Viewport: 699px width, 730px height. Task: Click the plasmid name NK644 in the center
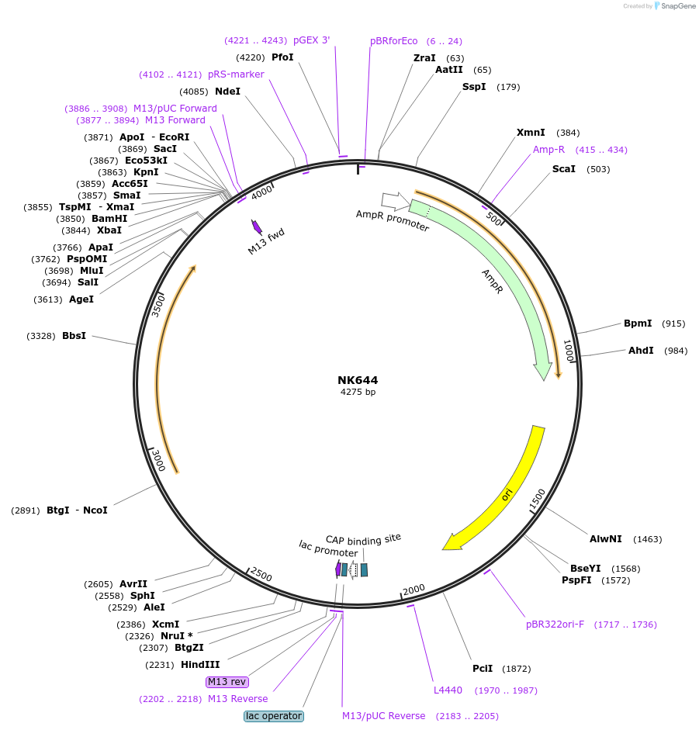coord(358,380)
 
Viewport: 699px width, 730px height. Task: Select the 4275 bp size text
coord(358,392)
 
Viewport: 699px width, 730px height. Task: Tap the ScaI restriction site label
coord(564,169)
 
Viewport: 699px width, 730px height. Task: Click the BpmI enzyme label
coord(638,323)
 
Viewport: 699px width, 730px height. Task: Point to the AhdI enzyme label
coord(641,351)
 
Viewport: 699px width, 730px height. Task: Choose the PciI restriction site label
coord(483,669)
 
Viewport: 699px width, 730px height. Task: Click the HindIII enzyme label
coord(200,665)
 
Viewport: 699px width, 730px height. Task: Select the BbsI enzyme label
coord(74,336)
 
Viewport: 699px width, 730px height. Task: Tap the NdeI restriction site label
coord(227,92)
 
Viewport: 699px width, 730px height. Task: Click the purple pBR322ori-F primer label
coord(555,624)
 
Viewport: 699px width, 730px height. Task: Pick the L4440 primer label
coord(448,690)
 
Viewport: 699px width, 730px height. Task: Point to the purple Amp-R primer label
coord(548,150)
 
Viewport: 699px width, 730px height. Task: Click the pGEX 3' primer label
coord(311,40)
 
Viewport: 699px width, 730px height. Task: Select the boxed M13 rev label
coord(227,682)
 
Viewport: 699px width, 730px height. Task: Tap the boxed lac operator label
coord(274,716)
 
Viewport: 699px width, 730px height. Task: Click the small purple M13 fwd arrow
coord(256,227)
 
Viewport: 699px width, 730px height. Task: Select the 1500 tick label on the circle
coord(537,500)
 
